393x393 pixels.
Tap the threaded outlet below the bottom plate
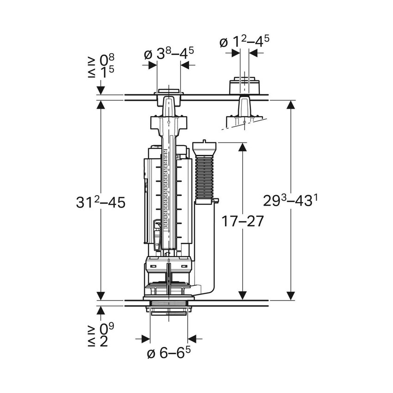[169, 309]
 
